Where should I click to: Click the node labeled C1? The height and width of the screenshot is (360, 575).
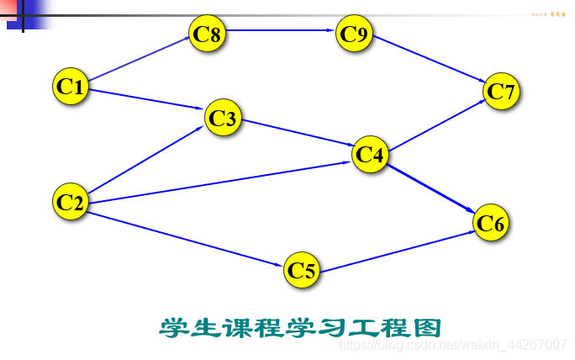click(71, 86)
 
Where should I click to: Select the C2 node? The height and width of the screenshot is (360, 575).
click(71, 202)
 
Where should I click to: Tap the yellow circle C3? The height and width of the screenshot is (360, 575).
click(223, 119)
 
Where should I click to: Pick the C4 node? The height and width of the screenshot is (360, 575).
click(370, 154)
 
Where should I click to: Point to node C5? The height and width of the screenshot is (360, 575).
click(302, 270)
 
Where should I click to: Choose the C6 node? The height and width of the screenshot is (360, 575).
click(491, 223)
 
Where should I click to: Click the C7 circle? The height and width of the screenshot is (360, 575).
click(501, 91)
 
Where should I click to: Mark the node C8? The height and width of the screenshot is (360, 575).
click(207, 34)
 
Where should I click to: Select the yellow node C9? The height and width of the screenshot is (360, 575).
click(353, 34)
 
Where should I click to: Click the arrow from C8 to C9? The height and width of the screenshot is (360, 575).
click(280, 33)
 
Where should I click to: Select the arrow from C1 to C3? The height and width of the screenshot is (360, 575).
click(147, 98)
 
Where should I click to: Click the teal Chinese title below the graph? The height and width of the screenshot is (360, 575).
click(299, 326)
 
